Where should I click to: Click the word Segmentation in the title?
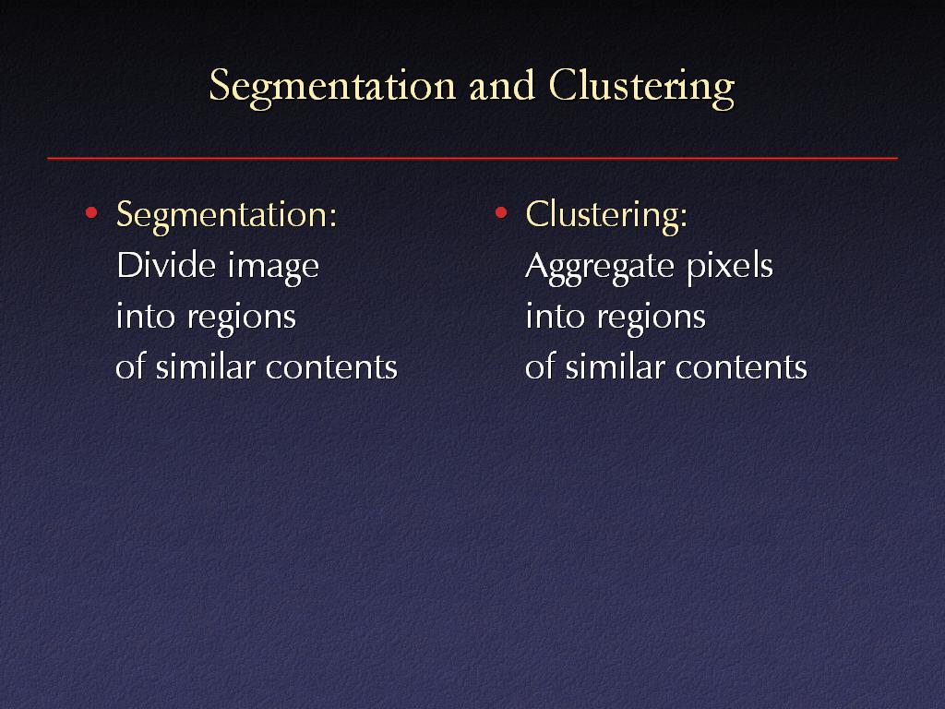pyautogui.click(x=333, y=87)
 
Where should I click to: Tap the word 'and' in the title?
pyautogui.click(x=501, y=86)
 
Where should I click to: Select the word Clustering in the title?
pyautogui.click(x=641, y=87)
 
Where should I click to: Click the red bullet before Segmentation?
pyautogui.click(x=90, y=213)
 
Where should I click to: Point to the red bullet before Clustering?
pyautogui.click(x=500, y=213)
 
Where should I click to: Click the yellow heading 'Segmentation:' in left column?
pyautogui.click(x=225, y=215)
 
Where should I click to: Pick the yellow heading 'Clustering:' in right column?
pyautogui.click(x=606, y=215)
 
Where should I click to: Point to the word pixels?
pyautogui.click(x=729, y=266)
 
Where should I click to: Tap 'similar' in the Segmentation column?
pyautogui.click(x=205, y=367)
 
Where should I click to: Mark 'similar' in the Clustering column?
pyautogui.click(x=615, y=367)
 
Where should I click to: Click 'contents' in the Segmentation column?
pyautogui.click(x=331, y=367)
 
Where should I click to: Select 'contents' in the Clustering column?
pyautogui.click(x=741, y=367)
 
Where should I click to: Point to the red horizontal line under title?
pyautogui.click(x=472, y=159)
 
